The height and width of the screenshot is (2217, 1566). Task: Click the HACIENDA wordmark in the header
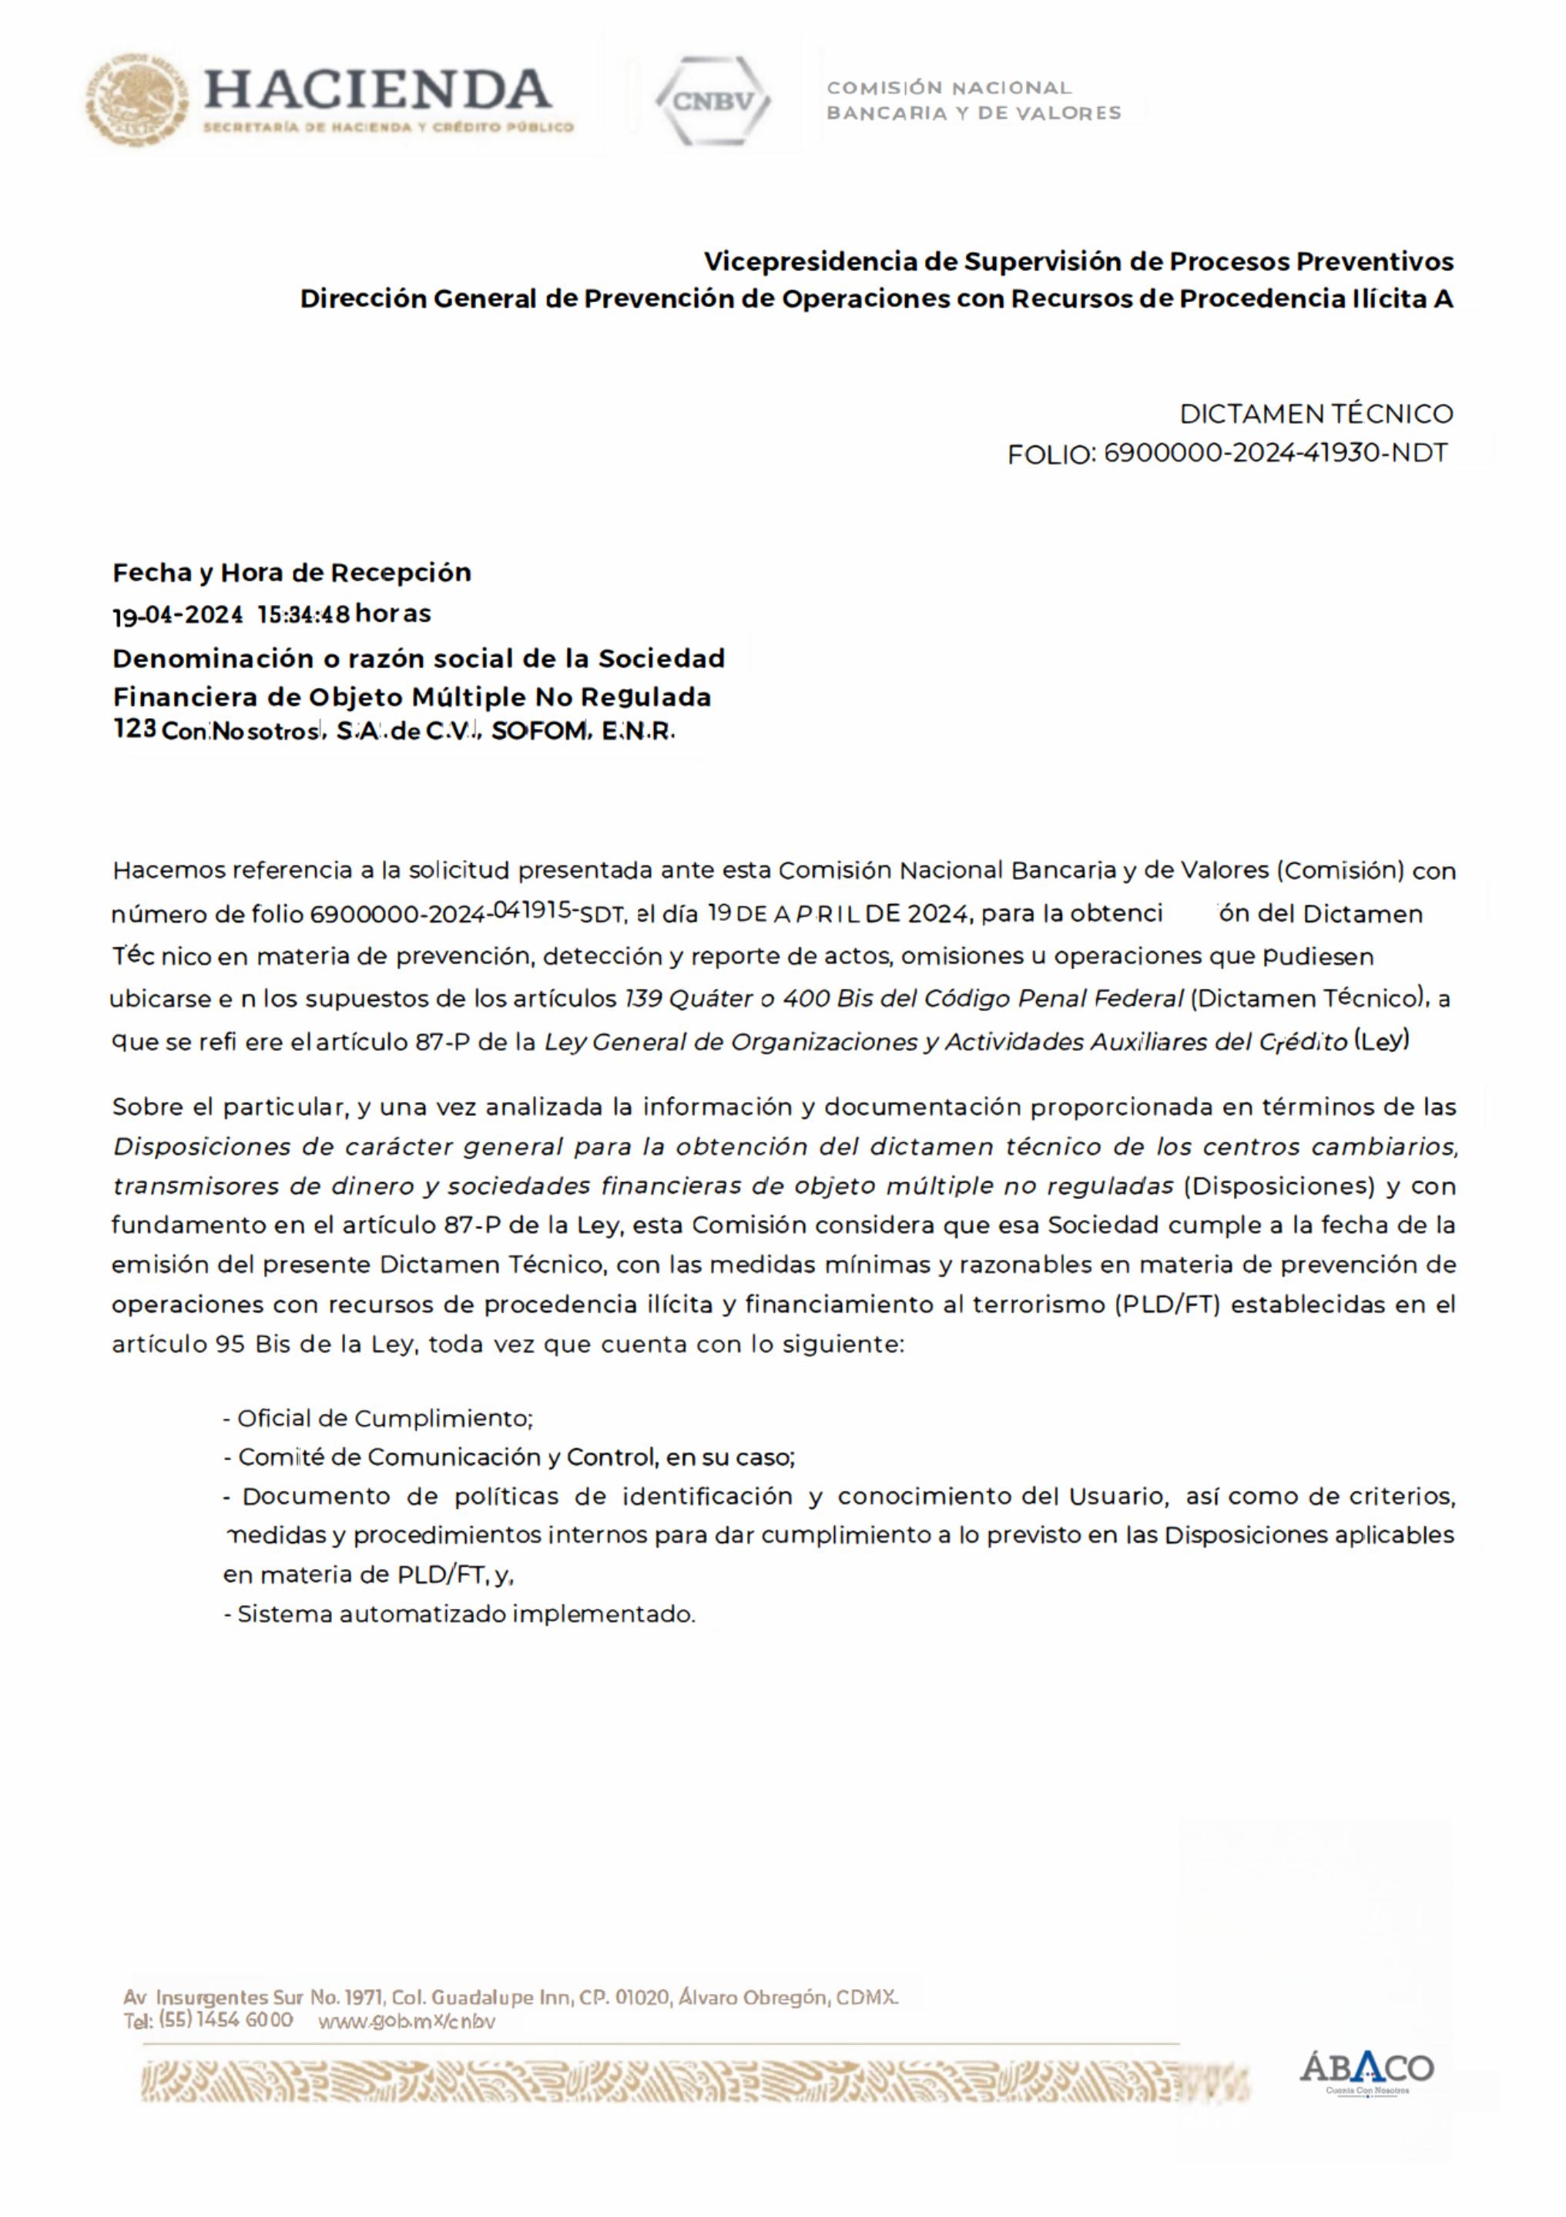pos(377,90)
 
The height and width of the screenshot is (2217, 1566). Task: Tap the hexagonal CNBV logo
pos(713,100)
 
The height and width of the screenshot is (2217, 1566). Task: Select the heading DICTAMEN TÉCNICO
pos(1316,415)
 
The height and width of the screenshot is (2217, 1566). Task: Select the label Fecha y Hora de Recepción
pos(292,573)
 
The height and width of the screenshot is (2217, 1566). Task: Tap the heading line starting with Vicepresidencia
pos(1078,262)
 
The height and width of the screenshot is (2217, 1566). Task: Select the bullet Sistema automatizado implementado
pos(465,1614)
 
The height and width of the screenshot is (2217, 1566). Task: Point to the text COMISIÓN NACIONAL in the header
pos(948,88)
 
